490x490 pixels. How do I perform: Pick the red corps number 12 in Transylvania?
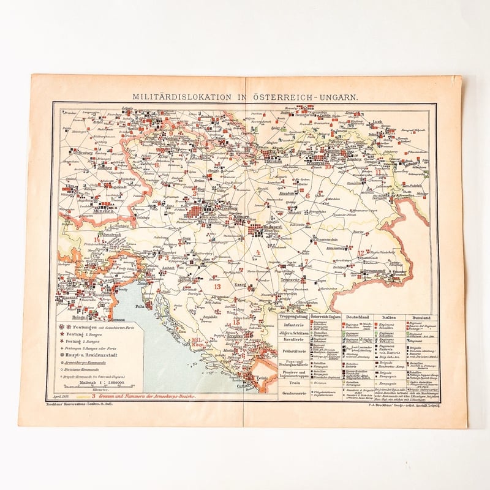coord(363,252)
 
